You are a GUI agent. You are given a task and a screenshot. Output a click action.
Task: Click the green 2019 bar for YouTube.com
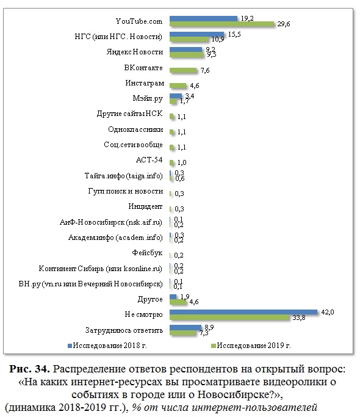tap(222, 24)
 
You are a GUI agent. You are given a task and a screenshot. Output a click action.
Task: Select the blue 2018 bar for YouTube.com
tap(204, 18)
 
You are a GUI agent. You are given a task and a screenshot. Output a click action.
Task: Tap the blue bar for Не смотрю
tap(243, 312)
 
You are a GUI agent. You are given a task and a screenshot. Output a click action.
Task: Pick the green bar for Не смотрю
tap(229, 317)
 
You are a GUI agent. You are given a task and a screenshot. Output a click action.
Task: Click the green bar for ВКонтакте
tap(183, 70)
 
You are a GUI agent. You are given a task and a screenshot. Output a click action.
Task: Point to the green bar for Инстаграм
tap(178, 85)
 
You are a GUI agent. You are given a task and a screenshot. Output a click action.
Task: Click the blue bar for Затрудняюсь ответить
tap(185, 327)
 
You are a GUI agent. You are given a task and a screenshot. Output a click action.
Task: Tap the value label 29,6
tap(284, 24)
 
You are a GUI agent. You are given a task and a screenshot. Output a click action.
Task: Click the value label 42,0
tap(327, 312)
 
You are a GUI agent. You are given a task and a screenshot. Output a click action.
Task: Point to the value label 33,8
tap(299, 317)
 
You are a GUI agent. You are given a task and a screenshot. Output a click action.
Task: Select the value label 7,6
tap(205, 70)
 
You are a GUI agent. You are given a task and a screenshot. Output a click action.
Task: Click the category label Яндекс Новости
tap(135, 52)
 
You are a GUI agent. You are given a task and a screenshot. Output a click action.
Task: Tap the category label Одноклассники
tap(135, 129)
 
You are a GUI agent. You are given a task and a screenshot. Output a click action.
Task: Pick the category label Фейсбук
tap(147, 253)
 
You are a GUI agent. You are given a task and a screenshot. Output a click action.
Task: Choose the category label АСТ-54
tap(149, 160)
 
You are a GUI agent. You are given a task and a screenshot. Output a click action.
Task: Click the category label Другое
tap(150, 299)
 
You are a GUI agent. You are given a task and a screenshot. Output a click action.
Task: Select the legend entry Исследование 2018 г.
tap(107, 346)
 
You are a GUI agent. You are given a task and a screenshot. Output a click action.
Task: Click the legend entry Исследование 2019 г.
tap(251, 346)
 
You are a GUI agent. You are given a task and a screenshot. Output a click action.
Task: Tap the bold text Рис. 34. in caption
tap(30, 369)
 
